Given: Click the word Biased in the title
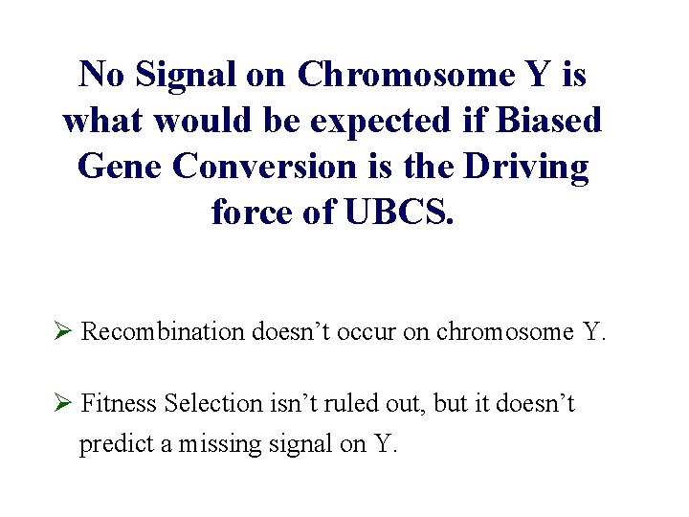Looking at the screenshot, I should pos(550,121).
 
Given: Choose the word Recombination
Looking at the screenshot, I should pos(164,332).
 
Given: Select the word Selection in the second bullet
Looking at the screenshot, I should pos(208,404).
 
